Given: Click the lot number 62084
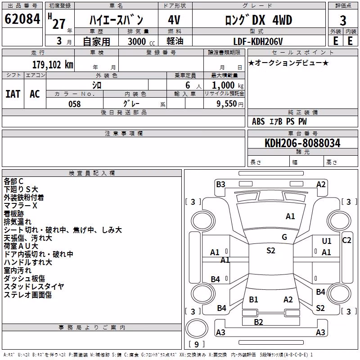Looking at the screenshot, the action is click(x=22, y=19).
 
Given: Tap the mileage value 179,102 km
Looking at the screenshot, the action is click(x=53, y=65).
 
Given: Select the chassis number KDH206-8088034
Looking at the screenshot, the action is click(x=302, y=143).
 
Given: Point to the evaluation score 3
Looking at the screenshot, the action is click(x=343, y=20).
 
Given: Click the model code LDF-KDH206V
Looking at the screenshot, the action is click(x=258, y=41).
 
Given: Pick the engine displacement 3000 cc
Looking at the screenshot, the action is click(x=141, y=41).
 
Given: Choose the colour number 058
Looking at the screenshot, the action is click(x=75, y=104).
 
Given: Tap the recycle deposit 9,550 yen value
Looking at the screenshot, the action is click(x=230, y=104).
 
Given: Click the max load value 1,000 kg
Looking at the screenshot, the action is click(x=228, y=85).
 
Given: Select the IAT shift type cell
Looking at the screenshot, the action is click(x=13, y=94).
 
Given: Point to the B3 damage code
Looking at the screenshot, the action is click(x=220, y=184).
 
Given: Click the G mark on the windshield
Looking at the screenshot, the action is click(x=284, y=237).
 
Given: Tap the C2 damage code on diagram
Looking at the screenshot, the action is click(x=346, y=240).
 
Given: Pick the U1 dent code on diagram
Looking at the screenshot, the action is click(x=327, y=241).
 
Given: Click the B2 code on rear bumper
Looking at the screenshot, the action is click(x=258, y=322).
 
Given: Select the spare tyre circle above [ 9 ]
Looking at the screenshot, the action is click(x=197, y=328).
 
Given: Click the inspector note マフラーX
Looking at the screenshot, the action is click(x=20, y=206).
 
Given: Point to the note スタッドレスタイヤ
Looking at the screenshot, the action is click(x=34, y=287).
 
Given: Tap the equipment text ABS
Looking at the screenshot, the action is click(x=258, y=121).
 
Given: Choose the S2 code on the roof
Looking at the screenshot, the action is click(x=271, y=251).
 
